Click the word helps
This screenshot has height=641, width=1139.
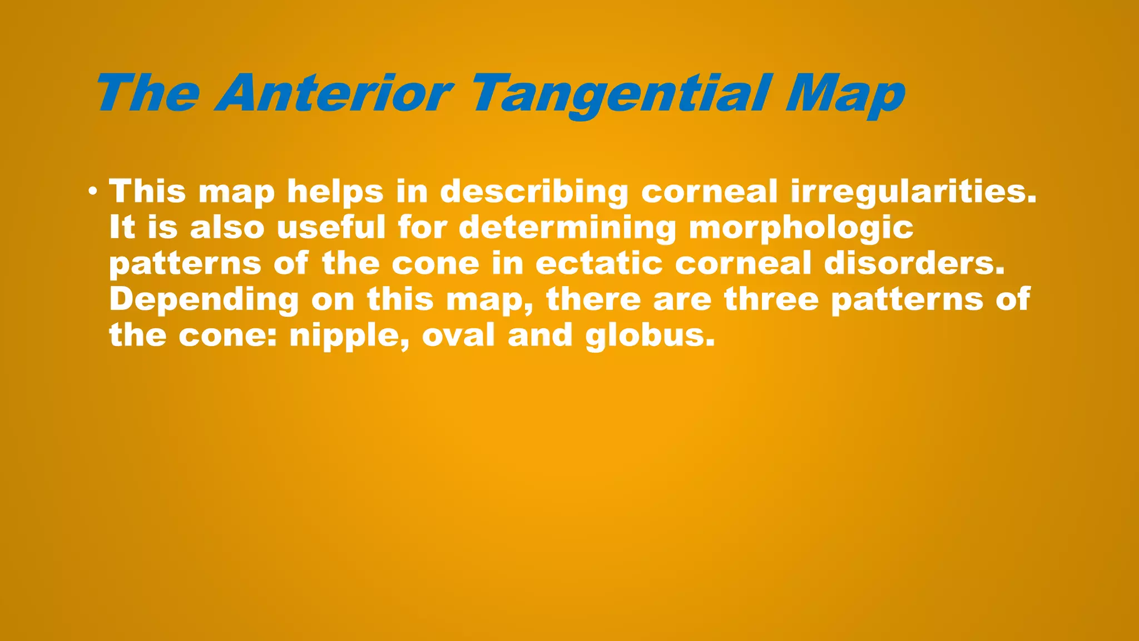click(x=335, y=191)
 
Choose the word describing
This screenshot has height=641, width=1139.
click(x=534, y=193)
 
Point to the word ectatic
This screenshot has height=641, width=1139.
click(x=599, y=263)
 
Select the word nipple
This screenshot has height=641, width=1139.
click(x=349, y=336)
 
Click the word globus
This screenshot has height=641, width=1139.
click(x=650, y=336)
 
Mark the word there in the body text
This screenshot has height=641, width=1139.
click(x=593, y=299)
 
